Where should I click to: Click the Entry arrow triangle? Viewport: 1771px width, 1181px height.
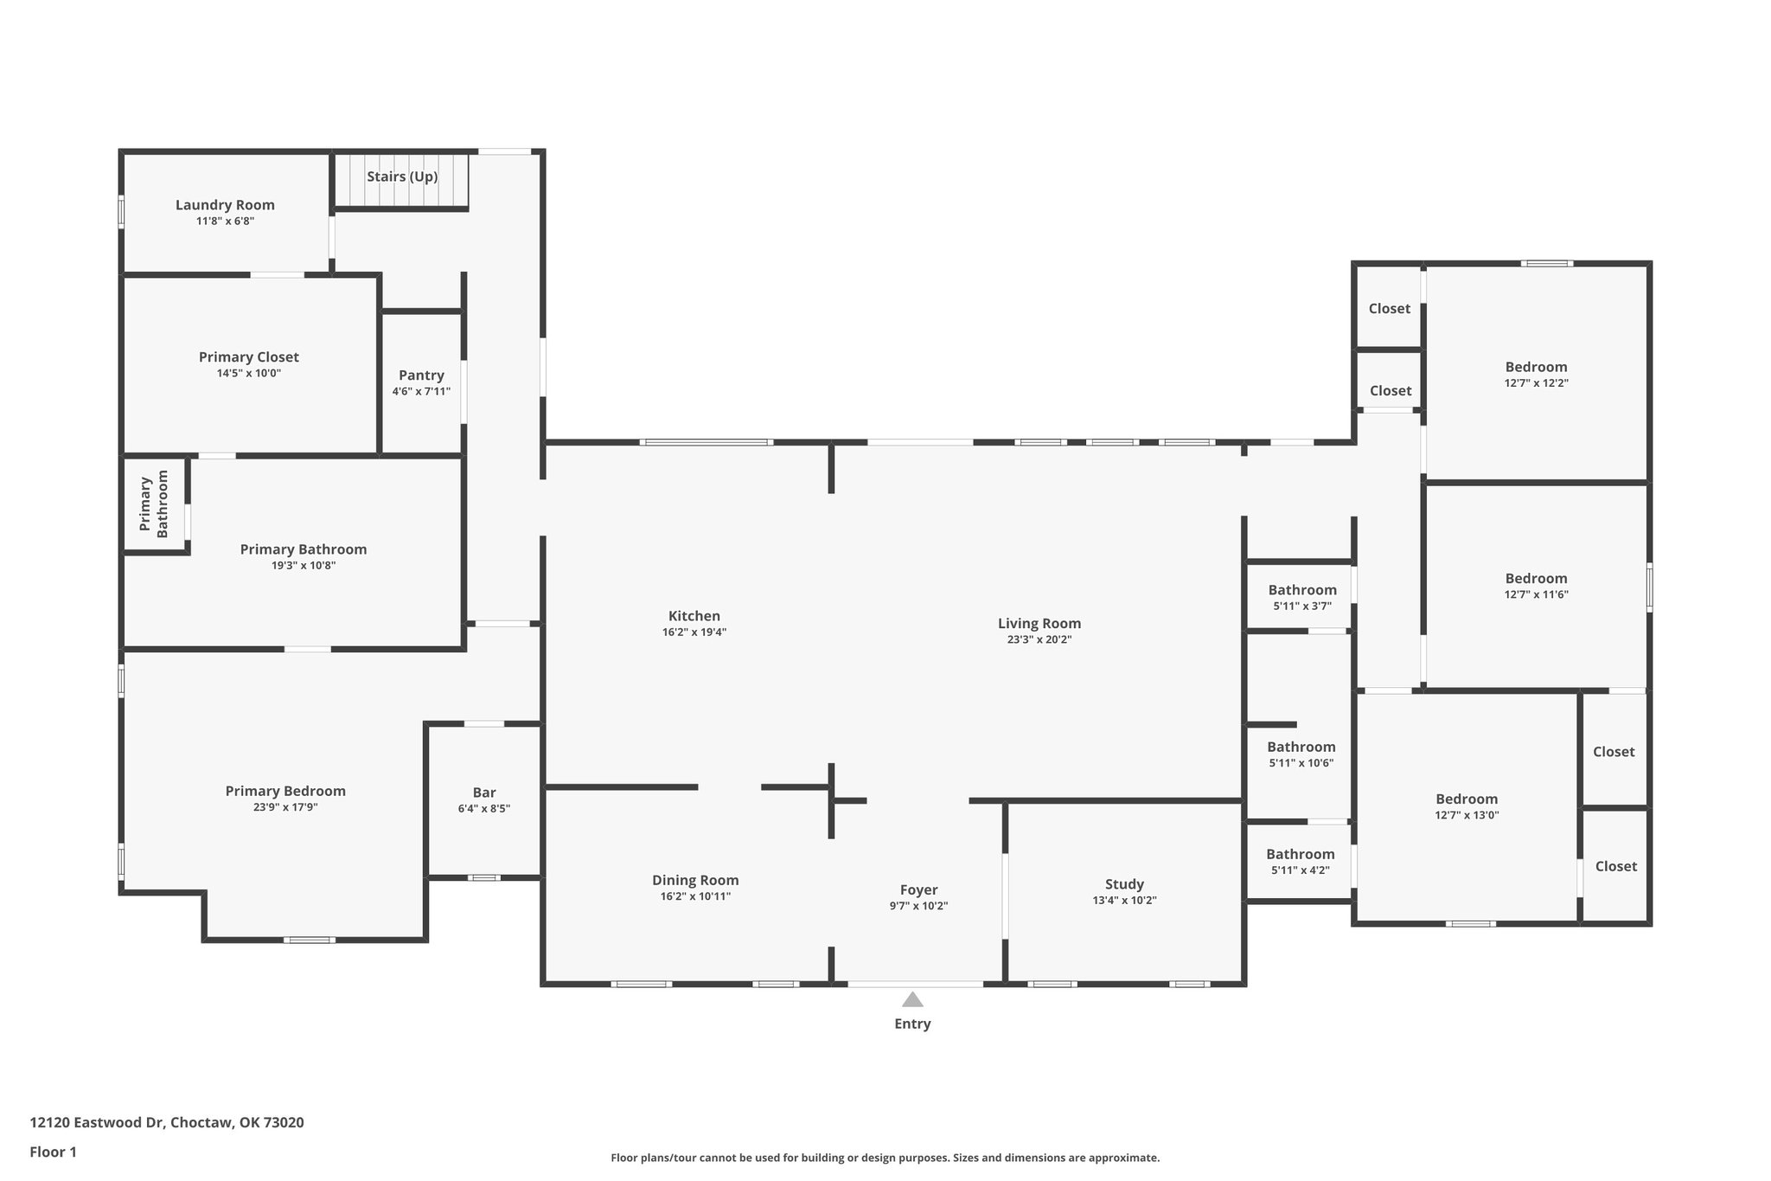[x=912, y=1000]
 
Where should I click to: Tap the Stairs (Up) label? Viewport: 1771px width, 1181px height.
[x=402, y=177]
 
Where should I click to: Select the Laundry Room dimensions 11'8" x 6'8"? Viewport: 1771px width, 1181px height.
[x=225, y=221]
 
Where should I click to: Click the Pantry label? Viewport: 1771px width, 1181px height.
[x=421, y=375]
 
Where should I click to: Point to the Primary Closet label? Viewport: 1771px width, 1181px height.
[x=249, y=357]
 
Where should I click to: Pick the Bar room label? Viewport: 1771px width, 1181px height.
[x=484, y=793]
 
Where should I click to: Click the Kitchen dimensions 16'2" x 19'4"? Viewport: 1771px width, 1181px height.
[x=694, y=632]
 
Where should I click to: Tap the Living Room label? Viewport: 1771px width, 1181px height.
[x=1039, y=624]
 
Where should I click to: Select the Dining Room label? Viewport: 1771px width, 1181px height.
[x=695, y=881]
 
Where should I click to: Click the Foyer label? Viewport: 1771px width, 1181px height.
[x=918, y=890]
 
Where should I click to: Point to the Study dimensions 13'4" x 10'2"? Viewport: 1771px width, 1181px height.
[x=1124, y=901]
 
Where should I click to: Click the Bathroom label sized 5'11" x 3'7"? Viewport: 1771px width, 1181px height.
[x=1302, y=591]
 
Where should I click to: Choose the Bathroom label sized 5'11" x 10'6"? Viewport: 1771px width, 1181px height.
[x=1301, y=748]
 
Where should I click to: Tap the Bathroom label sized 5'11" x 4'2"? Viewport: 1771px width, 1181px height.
[x=1301, y=855]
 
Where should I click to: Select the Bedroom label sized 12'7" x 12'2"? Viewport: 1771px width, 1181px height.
[x=1536, y=367]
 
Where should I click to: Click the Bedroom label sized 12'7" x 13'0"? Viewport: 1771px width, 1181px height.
[x=1467, y=799]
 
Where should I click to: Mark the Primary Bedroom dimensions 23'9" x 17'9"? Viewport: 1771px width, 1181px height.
[x=285, y=807]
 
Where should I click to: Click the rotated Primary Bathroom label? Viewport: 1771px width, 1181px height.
[x=154, y=506]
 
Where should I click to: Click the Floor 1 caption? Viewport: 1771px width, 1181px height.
[x=54, y=1152]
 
